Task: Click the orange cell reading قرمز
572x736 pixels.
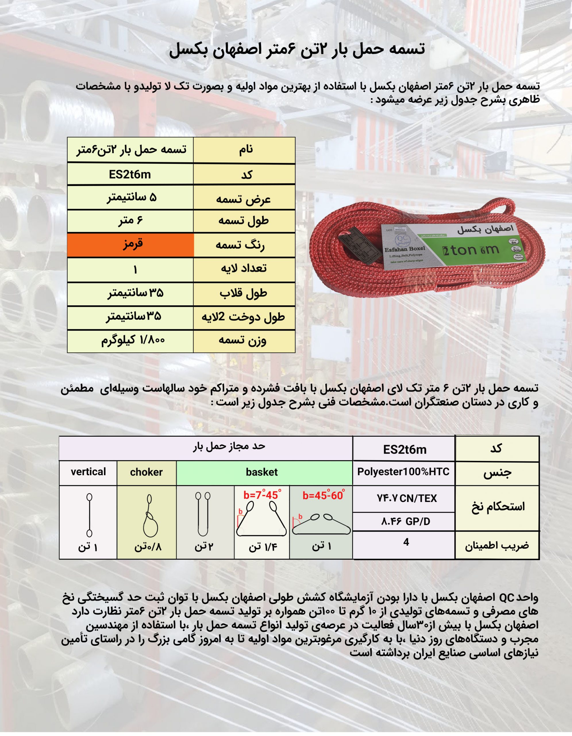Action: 131,245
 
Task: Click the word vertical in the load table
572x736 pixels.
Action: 88,472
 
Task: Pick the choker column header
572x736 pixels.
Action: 147,472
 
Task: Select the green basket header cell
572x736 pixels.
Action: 262,472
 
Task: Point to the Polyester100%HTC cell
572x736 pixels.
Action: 403,472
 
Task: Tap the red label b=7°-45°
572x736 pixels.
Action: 262,495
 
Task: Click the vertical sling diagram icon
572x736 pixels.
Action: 89,515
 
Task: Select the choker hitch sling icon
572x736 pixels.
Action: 150,515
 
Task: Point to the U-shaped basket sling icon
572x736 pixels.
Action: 203,514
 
